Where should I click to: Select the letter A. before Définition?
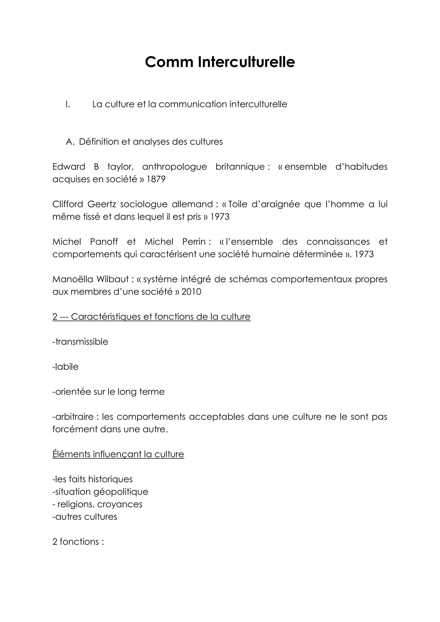click(70, 142)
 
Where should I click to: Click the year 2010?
click(191, 292)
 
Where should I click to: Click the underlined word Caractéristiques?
click(106, 317)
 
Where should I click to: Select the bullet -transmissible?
click(80, 342)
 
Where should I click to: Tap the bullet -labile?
click(65, 367)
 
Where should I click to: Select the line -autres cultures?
click(85, 517)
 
